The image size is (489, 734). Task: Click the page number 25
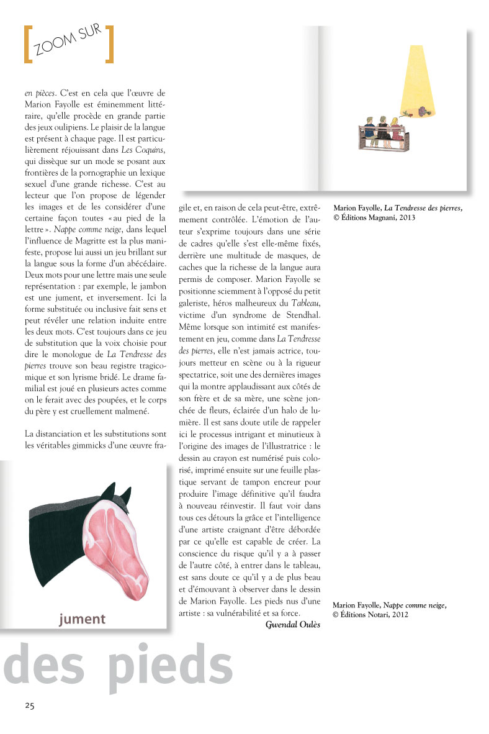point(30,705)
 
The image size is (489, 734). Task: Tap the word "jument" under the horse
point(83,619)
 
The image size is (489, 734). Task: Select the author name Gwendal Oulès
point(292,625)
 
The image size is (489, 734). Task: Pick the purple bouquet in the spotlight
point(423,112)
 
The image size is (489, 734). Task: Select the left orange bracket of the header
point(27,44)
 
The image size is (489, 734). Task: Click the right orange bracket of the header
point(109,44)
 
